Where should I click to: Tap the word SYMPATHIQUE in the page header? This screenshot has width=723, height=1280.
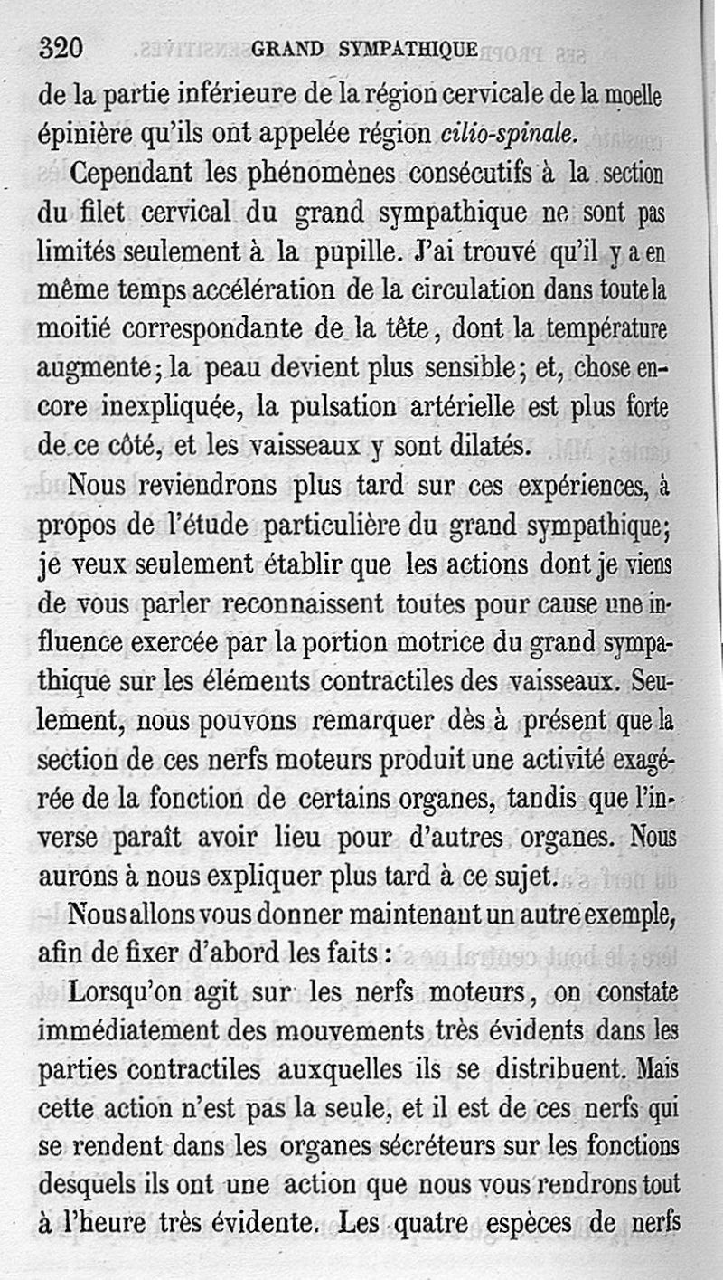coord(408,50)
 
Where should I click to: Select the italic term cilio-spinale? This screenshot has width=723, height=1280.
coord(508,134)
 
